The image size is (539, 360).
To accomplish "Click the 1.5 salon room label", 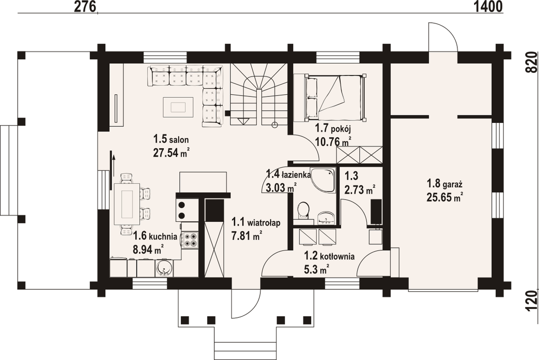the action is [x=171, y=139].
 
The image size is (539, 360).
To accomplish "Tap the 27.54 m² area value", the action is [x=171, y=152].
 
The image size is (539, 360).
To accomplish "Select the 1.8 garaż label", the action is [x=445, y=184].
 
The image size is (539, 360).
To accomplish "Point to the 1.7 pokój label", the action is [x=333, y=129].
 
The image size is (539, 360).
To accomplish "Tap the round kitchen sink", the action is [x=164, y=268].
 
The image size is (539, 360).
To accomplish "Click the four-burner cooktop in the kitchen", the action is [x=190, y=240].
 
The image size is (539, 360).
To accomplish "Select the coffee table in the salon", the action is [x=178, y=107].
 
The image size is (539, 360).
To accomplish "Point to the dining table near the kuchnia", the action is [x=127, y=204].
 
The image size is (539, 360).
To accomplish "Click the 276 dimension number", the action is [x=85, y=7].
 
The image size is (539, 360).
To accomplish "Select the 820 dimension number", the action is [x=532, y=63].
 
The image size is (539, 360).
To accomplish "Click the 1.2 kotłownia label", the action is [x=329, y=256].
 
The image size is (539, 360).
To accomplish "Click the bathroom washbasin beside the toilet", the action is [x=326, y=218].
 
